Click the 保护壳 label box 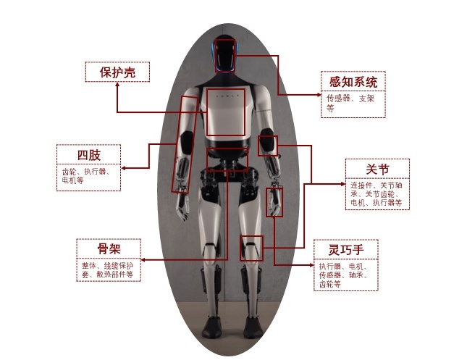click(x=117, y=72)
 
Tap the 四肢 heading click(x=88, y=155)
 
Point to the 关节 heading click(x=376, y=169)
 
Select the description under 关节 click(x=376, y=193)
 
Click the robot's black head click(x=226, y=55)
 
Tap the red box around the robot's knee click(x=251, y=248)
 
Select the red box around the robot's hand click(x=274, y=201)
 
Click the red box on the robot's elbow click(x=267, y=145)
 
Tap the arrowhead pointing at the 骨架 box click(x=142, y=259)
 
